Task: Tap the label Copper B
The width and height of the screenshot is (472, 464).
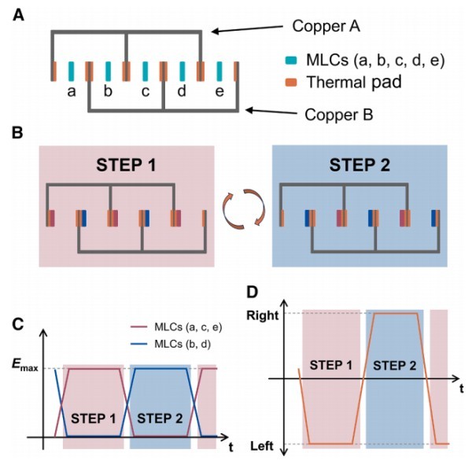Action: click(338, 115)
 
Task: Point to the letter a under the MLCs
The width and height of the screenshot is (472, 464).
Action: click(71, 92)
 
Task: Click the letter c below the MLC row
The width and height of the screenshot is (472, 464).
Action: click(144, 92)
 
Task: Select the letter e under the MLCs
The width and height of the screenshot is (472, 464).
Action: click(217, 92)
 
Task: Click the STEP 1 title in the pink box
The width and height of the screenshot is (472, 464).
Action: click(126, 167)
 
